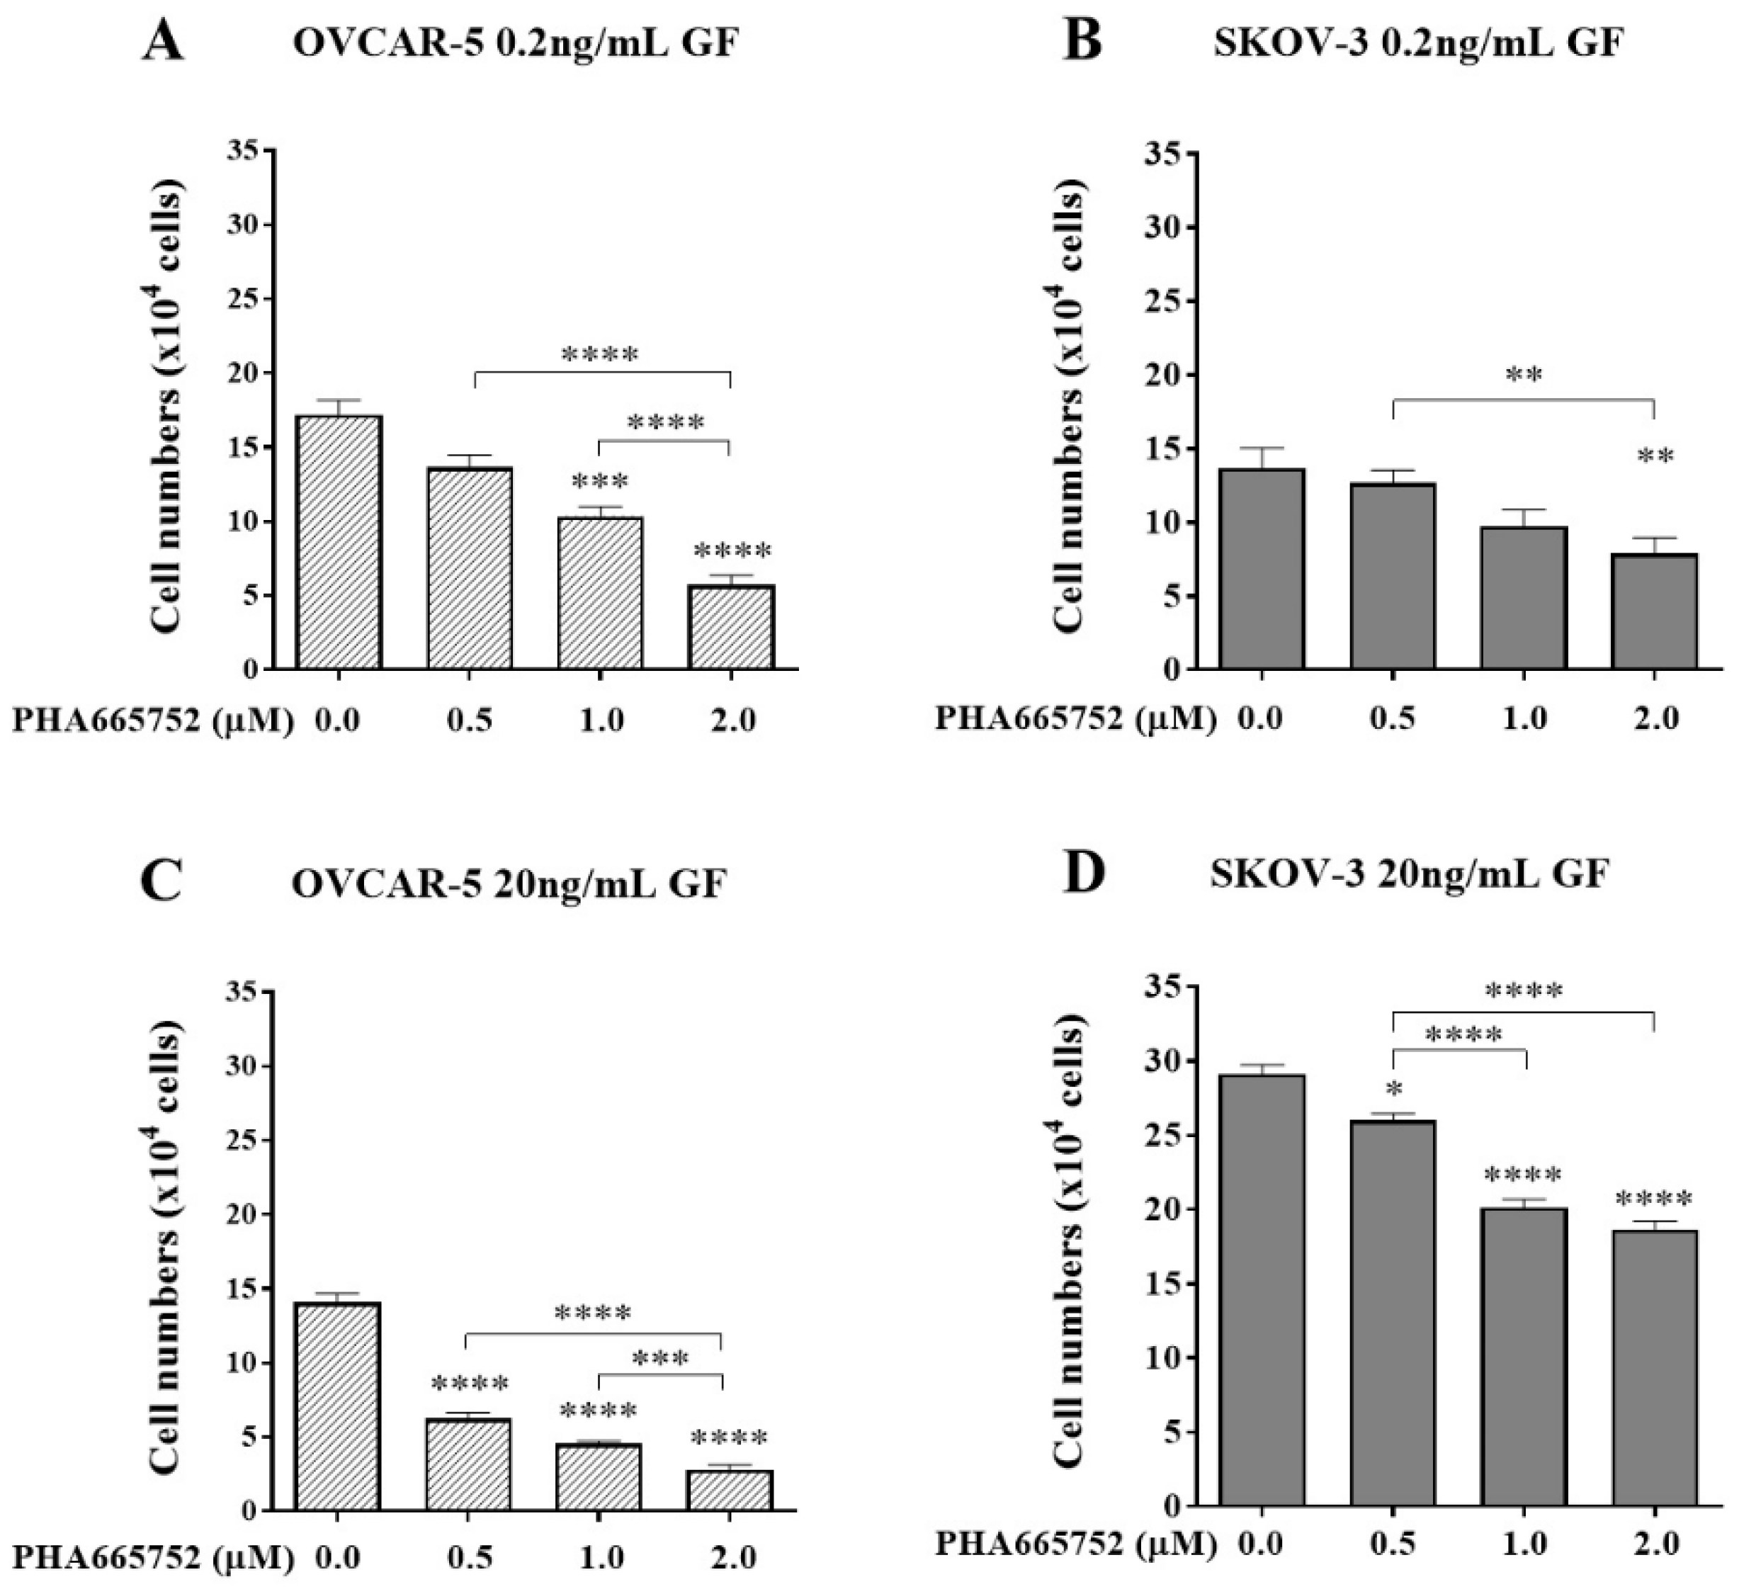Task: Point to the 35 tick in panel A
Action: pyautogui.click(x=244, y=151)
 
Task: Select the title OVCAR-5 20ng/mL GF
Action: pyautogui.click(x=509, y=885)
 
